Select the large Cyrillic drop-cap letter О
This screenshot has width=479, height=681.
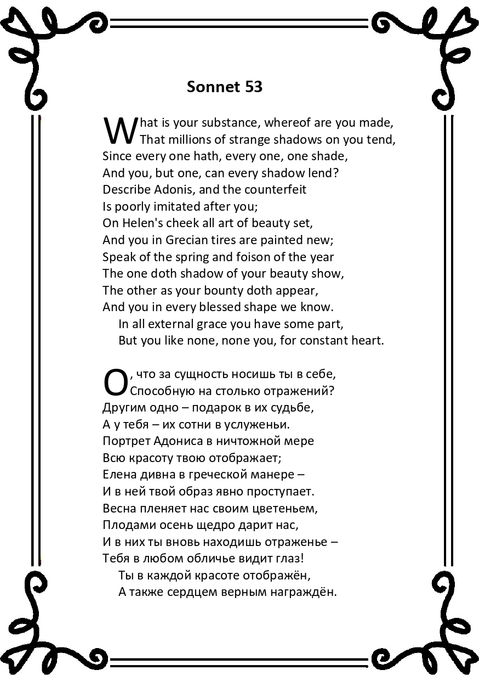tap(115, 382)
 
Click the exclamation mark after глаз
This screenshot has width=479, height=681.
tap(302, 558)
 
